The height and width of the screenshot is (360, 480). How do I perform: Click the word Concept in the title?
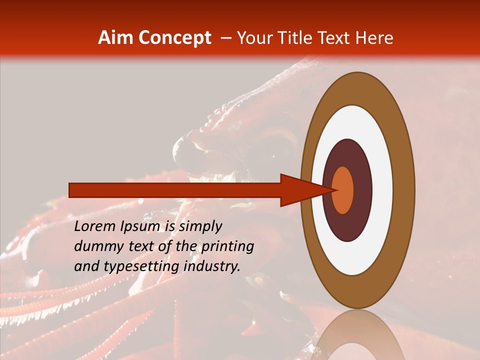[175, 38]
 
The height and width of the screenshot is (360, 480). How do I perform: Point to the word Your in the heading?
[254, 38]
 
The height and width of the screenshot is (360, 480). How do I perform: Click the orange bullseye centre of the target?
[343, 190]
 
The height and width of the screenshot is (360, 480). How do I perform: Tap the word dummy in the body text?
[97, 247]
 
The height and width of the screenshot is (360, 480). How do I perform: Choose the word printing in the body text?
[227, 247]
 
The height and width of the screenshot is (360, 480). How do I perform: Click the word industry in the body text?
[211, 266]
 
